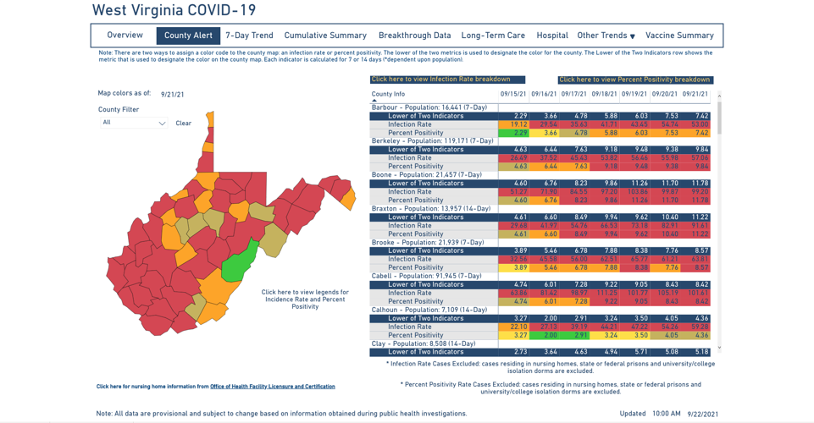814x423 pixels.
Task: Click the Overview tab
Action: tap(125, 36)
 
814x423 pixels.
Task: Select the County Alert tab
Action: tap(188, 36)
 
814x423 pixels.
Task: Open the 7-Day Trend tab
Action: tap(249, 36)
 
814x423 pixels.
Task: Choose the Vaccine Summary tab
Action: tap(679, 36)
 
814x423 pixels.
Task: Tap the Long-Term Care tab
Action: tap(493, 36)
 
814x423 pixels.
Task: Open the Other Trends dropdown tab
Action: tap(606, 36)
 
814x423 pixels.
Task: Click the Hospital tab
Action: tap(551, 36)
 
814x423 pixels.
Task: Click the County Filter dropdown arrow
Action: tap(162, 124)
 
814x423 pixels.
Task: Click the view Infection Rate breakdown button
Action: tap(440, 80)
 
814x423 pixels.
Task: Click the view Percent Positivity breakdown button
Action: tap(634, 80)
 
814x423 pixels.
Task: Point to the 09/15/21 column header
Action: tap(512, 95)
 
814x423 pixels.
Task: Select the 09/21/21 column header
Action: tap(695, 95)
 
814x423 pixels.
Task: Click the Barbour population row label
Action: tap(429, 107)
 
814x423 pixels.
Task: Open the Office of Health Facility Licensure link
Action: tap(272, 387)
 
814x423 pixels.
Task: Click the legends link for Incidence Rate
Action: tap(305, 299)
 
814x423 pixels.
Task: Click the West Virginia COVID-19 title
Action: tap(174, 11)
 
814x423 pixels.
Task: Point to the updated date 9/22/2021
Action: tap(702, 414)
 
